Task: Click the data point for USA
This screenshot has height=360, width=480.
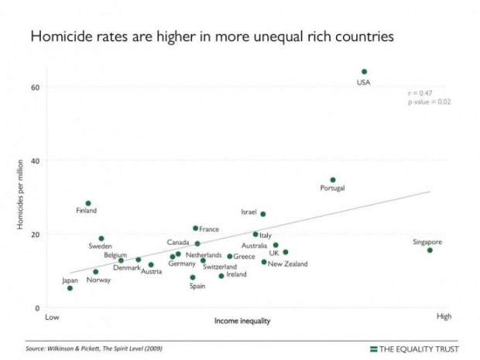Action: tap(364, 71)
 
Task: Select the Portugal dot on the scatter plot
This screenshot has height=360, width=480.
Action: tap(333, 180)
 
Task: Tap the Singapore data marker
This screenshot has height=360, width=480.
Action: tap(430, 250)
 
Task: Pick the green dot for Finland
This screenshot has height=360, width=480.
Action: tap(88, 204)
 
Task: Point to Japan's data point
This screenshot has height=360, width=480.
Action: tap(70, 288)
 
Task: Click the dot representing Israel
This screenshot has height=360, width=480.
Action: tap(262, 214)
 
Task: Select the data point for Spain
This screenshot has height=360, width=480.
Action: tap(193, 277)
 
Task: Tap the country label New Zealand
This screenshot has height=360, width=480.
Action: tap(287, 264)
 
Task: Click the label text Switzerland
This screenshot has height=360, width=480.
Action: tap(220, 266)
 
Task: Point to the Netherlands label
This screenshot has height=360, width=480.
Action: tap(204, 255)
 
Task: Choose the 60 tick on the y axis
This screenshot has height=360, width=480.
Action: tap(35, 87)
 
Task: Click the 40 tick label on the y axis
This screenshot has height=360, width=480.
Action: tap(35, 161)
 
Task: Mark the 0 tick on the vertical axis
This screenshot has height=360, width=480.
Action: tap(37, 308)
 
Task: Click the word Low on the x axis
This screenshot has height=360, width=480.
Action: tap(52, 317)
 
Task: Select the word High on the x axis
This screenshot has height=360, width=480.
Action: tap(444, 317)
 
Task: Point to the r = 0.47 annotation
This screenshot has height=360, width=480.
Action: tap(421, 93)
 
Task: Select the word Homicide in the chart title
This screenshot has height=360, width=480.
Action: tap(58, 36)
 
